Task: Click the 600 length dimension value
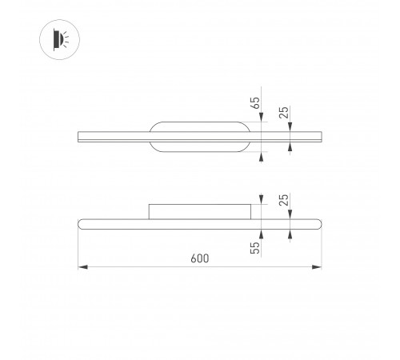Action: [200, 258]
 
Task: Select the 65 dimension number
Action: [254, 103]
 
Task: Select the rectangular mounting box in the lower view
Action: [200, 211]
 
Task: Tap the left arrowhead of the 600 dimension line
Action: [82, 267]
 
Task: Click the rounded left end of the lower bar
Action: [80, 222]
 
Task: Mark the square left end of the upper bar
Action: [78, 137]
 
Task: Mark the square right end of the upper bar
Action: [321, 137]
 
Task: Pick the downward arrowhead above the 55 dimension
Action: [262, 201]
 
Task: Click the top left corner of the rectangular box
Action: [150, 205]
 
